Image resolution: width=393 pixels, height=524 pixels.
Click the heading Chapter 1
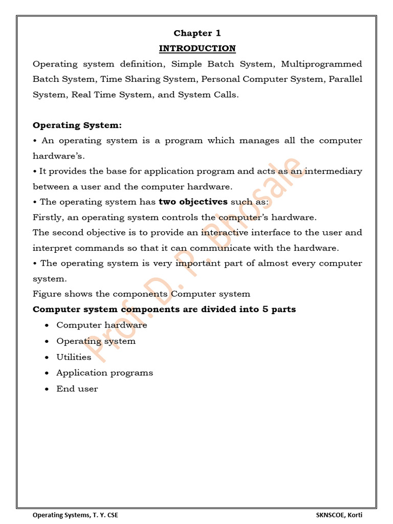click(197, 33)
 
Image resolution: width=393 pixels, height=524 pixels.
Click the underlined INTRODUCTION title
click(197, 49)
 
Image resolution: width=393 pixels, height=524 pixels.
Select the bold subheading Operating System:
click(77, 125)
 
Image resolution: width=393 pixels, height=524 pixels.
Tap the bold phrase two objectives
click(193, 202)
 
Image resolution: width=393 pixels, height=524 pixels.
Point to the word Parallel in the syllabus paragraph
click(345, 79)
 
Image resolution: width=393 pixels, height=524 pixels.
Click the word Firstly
click(47, 217)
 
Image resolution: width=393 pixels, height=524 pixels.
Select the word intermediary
click(333, 171)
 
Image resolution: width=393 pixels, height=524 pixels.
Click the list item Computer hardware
click(101, 325)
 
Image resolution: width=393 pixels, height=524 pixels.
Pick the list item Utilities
click(74, 357)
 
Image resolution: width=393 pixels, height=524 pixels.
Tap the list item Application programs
click(104, 373)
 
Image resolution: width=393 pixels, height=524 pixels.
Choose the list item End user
click(77, 389)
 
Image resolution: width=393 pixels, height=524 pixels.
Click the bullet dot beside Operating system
click(47, 341)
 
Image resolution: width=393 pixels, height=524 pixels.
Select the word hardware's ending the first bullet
click(58, 156)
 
